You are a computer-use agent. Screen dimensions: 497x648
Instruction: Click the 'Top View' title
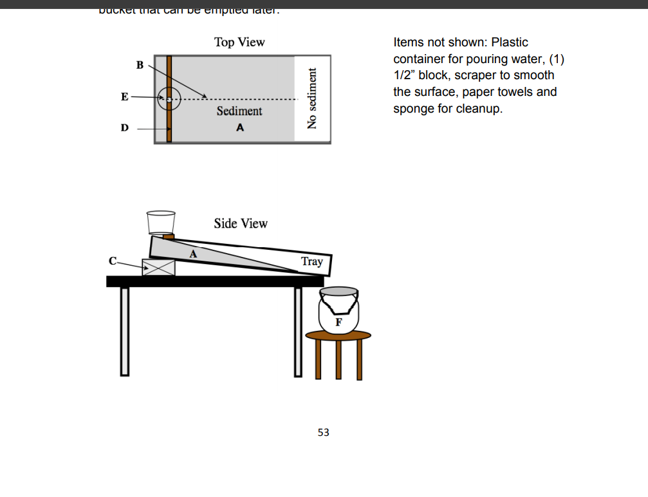pos(239,42)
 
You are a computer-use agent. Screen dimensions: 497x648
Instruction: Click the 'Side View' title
pos(241,223)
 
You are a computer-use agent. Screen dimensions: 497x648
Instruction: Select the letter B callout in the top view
pos(140,64)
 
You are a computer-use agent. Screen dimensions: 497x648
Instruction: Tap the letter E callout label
pos(125,97)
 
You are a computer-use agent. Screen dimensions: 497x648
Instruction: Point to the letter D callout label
pos(124,127)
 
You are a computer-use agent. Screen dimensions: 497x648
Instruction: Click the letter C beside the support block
pos(113,261)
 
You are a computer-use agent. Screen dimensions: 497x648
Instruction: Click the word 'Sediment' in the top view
pos(239,111)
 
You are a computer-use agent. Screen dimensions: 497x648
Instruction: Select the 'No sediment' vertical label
pos(312,98)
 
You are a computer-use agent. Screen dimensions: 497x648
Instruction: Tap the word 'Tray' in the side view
pos(312,261)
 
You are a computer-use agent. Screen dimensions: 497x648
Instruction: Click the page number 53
pos(323,433)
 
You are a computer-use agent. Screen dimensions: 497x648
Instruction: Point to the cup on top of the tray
pos(161,222)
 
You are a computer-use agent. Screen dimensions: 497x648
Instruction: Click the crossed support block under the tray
pos(158,267)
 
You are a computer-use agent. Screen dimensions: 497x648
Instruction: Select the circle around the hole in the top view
pos(169,100)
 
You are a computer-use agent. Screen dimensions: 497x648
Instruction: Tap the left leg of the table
pos(124,331)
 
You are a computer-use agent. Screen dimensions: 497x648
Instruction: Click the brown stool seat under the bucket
pos(338,335)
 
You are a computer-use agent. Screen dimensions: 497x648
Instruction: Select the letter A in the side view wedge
pos(192,254)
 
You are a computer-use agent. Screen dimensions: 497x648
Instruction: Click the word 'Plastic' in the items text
pos(510,42)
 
